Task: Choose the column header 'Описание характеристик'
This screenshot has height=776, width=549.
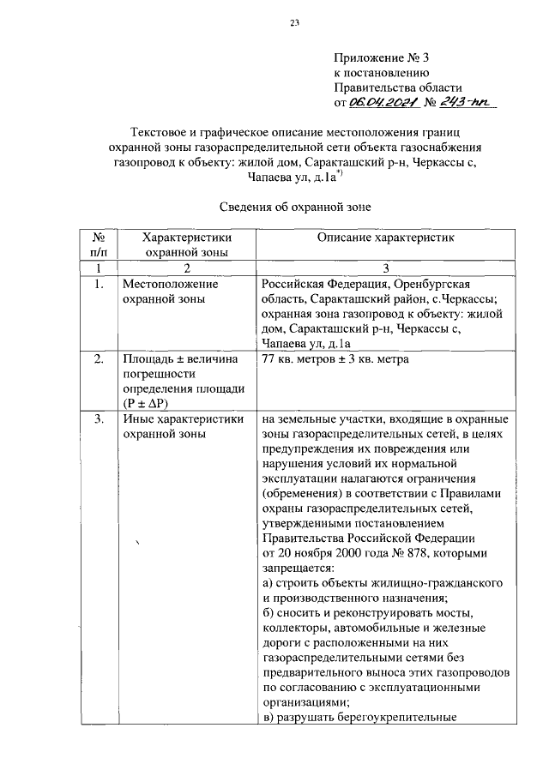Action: [x=385, y=236]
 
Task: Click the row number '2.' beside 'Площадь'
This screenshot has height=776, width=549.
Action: [x=100, y=359]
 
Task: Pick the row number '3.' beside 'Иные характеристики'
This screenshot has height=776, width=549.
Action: [x=100, y=419]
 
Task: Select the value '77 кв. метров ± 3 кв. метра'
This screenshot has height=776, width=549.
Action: [x=335, y=359]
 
